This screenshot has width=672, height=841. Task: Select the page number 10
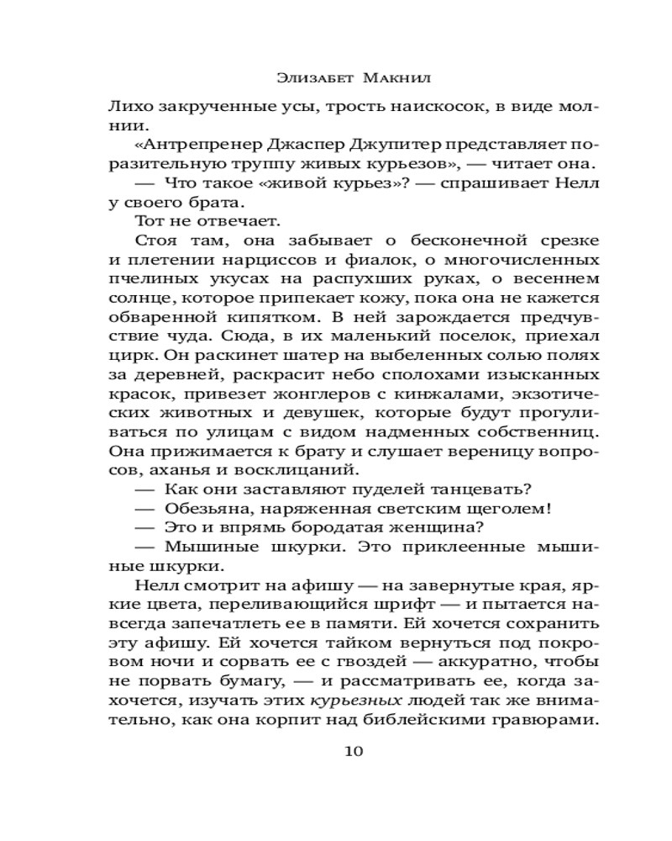(x=354, y=752)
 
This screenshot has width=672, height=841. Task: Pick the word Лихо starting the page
(x=126, y=107)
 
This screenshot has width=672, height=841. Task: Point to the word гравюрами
(x=548, y=720)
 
